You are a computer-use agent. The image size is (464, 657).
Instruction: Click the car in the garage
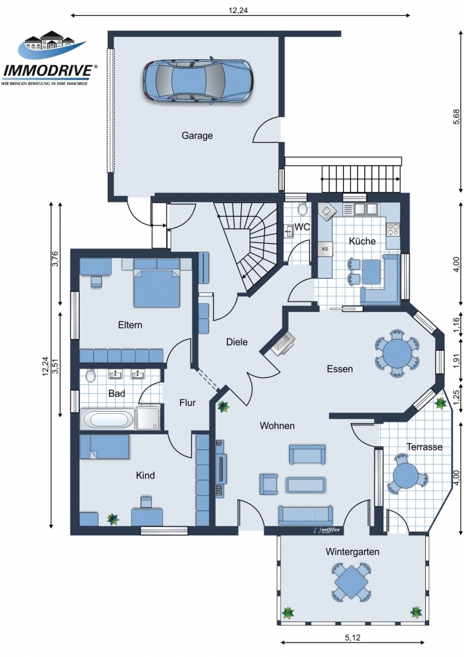tap(197, 79)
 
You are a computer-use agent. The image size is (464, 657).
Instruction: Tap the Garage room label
tap(197, 136)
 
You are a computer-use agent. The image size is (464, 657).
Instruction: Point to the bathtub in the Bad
tap(108, 419)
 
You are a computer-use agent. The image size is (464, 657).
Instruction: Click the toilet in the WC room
tap(302, 209)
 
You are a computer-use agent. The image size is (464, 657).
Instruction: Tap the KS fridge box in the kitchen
tap(325, 249)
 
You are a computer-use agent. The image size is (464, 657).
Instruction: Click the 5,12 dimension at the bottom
tap(352, 638)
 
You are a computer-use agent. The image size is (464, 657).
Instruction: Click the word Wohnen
tap(277, 426)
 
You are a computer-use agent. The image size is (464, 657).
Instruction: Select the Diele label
tap(237, 342)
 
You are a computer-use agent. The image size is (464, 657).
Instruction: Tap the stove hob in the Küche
tap(393, 229)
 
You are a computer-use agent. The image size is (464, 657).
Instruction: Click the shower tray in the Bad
tap(148, 417)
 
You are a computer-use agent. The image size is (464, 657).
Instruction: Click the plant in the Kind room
tap(113, 519)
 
